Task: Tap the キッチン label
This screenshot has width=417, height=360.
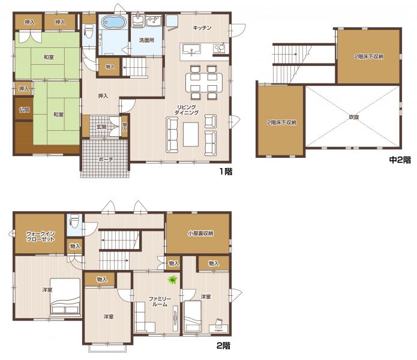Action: point(202,28)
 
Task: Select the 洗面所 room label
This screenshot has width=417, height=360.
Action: point(146,40)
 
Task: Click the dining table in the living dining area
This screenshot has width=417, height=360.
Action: point(204,82)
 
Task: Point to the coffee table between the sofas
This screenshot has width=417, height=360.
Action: point(191,134)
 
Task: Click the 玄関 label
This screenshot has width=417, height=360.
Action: point(101,127)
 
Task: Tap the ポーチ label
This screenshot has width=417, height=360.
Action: point(106,159)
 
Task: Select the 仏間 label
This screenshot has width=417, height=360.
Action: point(24,109)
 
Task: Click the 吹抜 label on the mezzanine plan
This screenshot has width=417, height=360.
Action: point(354,117)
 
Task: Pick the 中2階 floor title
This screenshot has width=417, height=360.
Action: point(400,160)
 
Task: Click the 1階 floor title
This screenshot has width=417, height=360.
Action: point(226,172)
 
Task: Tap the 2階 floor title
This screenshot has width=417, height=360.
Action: point(223,346)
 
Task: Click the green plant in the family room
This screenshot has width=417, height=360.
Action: point(173,280)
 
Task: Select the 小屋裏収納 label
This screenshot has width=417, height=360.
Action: point(200,234)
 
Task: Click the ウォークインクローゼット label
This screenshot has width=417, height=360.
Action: point(40,236)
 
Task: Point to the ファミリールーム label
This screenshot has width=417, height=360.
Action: point(160,302)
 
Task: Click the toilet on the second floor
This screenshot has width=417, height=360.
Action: point(74,221)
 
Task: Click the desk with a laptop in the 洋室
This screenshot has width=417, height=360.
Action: point(218,327)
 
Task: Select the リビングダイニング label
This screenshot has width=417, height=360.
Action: point(187,110)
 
